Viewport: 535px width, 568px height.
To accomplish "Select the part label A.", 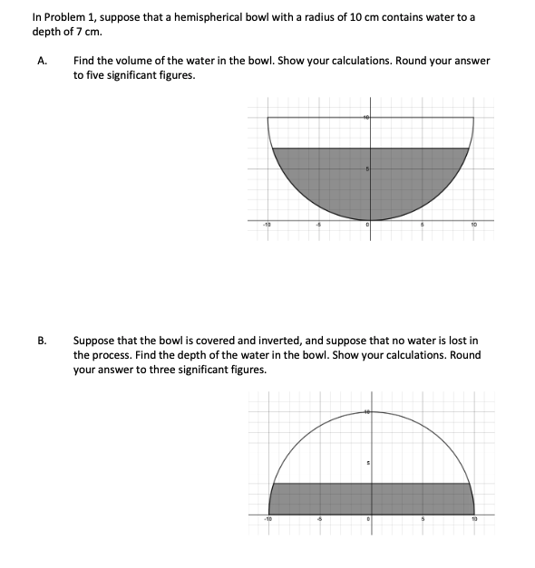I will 42,61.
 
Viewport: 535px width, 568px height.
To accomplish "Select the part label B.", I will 42,340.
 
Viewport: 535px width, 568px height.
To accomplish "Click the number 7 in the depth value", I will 78,32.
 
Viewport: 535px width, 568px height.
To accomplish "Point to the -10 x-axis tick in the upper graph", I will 267,226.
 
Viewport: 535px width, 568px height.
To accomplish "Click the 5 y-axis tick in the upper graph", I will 367,169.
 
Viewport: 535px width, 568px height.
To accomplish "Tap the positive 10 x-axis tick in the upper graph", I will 473,226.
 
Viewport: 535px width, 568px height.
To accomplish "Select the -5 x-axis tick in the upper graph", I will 317,226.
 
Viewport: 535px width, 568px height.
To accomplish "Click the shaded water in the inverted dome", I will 372,496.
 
